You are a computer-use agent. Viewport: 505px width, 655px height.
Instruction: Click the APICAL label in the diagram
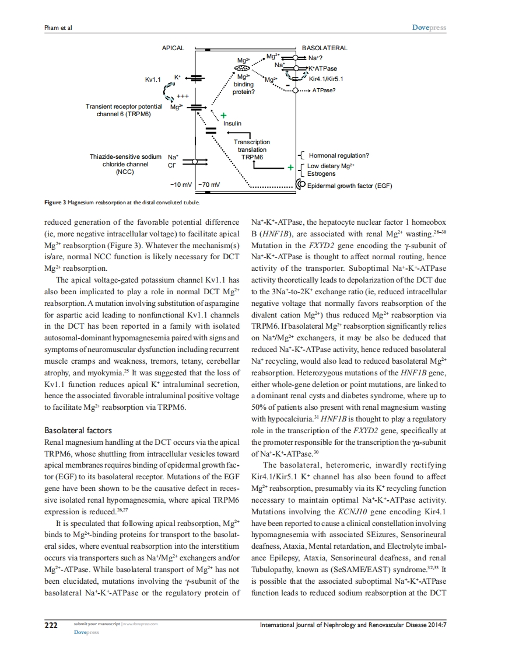click(173, 48)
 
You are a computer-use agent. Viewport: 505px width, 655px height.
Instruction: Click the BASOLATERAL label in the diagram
click(324, 48)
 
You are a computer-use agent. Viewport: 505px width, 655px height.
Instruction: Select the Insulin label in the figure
click(232, 123)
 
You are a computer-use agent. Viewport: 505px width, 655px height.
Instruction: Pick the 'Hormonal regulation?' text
click(339, 155)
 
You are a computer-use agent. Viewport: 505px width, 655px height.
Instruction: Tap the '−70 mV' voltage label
click(209, 185)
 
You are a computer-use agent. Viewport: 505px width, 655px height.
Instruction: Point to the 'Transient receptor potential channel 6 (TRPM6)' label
click(124, 111)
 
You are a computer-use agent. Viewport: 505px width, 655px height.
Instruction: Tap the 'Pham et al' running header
click(57, 27)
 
